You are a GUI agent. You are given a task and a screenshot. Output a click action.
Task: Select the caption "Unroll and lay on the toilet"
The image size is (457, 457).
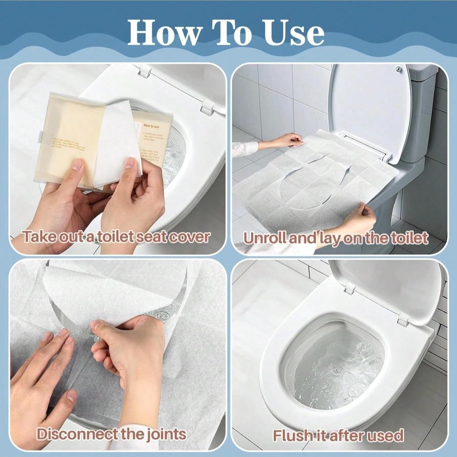(336, 238)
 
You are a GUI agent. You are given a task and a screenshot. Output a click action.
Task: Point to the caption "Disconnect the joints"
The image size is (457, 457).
(112, 425)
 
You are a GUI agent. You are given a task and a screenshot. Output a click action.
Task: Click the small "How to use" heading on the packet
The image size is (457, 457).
(151, 127)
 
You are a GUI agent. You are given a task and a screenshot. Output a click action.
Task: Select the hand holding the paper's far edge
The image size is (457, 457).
(290, 140)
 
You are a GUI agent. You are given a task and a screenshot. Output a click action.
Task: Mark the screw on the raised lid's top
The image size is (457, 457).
(398, 69)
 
